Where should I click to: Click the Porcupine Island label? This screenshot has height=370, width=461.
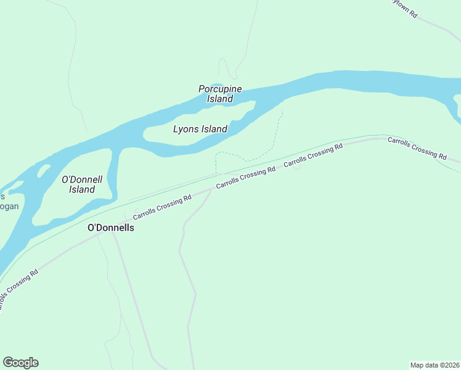pos(220,94)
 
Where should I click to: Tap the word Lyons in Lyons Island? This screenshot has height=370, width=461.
pos(186,129)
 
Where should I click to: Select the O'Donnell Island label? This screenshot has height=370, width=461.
pos(82,184)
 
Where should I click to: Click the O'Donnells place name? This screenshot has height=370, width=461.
pos(111,228)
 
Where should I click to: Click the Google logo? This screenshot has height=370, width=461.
pos(20,363)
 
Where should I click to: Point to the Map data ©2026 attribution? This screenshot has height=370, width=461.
pos(434,364)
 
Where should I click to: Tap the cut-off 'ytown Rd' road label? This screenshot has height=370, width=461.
pos(405,7)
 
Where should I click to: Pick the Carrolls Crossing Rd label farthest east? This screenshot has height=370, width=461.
pos(417,148)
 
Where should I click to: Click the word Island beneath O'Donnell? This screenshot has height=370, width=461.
pos(82,190)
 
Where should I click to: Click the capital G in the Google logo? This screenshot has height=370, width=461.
pos(9,363)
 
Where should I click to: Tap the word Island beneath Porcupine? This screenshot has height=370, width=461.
pos(220,99)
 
